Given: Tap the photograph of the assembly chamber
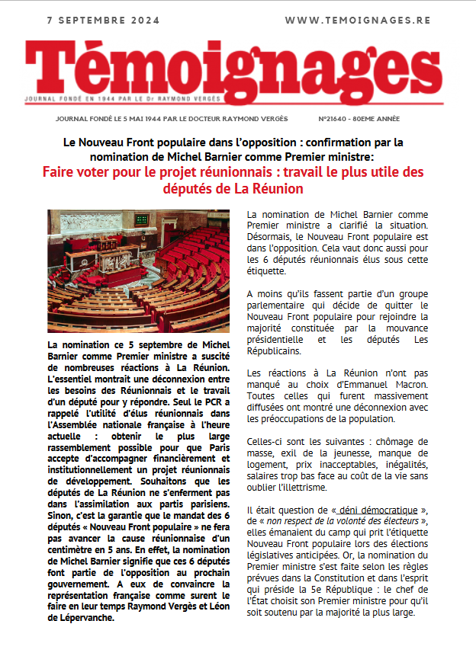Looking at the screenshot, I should [x=139, y=270].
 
